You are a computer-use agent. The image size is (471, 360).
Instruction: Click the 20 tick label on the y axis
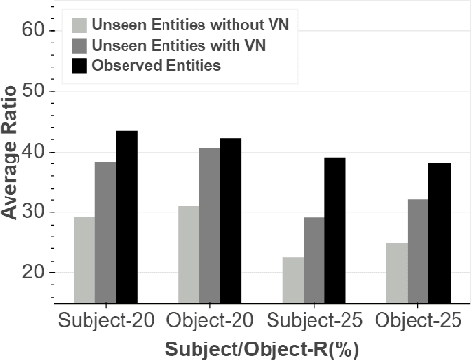[33, 272]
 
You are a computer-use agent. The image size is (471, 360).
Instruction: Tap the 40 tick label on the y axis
[33, 152]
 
